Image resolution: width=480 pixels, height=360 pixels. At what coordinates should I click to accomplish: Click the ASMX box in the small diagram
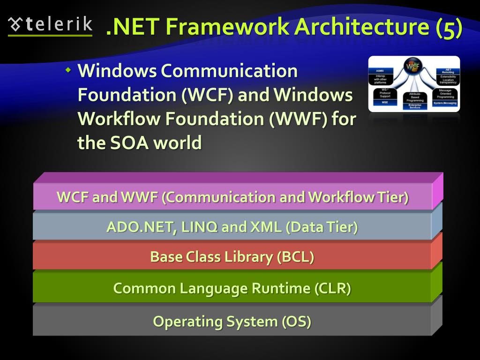(x=380, y=71)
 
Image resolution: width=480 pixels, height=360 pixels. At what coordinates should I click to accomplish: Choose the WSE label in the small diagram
(x=384, y=102)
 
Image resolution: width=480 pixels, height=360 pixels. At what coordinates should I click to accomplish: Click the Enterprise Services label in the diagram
(x=415, y=107)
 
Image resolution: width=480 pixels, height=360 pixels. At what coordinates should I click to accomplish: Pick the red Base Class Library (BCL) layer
(x=232, y=257)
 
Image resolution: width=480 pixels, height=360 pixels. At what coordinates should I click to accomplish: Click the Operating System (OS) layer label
(x=232, y=322)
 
